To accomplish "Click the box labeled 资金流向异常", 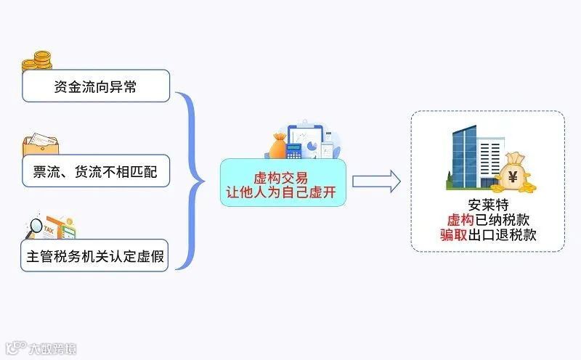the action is pos(96,86).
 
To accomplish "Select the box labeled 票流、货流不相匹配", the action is pos(96,171).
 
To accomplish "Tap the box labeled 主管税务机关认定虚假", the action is pos(94,255).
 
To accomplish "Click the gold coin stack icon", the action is pos(37,61).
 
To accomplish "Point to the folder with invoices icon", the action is pos(41,144).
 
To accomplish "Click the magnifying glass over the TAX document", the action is pos(34,227).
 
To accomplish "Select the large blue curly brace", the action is pos(190,181).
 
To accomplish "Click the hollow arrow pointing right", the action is pos(376,181).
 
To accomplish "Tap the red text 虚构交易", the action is pos(281,178).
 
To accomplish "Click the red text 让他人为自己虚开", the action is pos(281,192).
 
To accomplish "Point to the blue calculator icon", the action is pos(294,151).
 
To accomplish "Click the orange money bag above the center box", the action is pos(278,146).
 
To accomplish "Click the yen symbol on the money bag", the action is pos(513,177).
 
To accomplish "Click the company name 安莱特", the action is pos(488,205).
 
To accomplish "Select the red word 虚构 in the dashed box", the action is pos(460,220).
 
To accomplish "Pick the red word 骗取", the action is pos(454,235).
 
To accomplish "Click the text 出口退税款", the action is pos(502,235).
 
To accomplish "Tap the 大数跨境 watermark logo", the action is pos(41,348).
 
